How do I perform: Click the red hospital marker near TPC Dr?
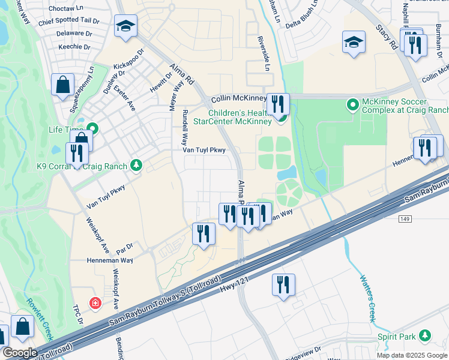pos(95,304)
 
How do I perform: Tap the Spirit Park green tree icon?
pos(425,335)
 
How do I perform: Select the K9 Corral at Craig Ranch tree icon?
pos(137,166)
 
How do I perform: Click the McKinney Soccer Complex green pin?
pos(353,106)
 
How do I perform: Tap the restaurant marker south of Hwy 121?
pos(283,285)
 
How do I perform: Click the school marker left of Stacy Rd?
pos(354,43)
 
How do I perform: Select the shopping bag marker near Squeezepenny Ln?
pos(63,85)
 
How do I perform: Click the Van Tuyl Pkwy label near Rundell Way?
pos(204,151)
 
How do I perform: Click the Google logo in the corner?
pos(19,353)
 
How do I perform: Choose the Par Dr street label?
pos(124,245)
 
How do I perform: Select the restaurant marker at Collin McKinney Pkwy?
pos(277,104)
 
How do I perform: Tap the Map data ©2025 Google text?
pos(411,355)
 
